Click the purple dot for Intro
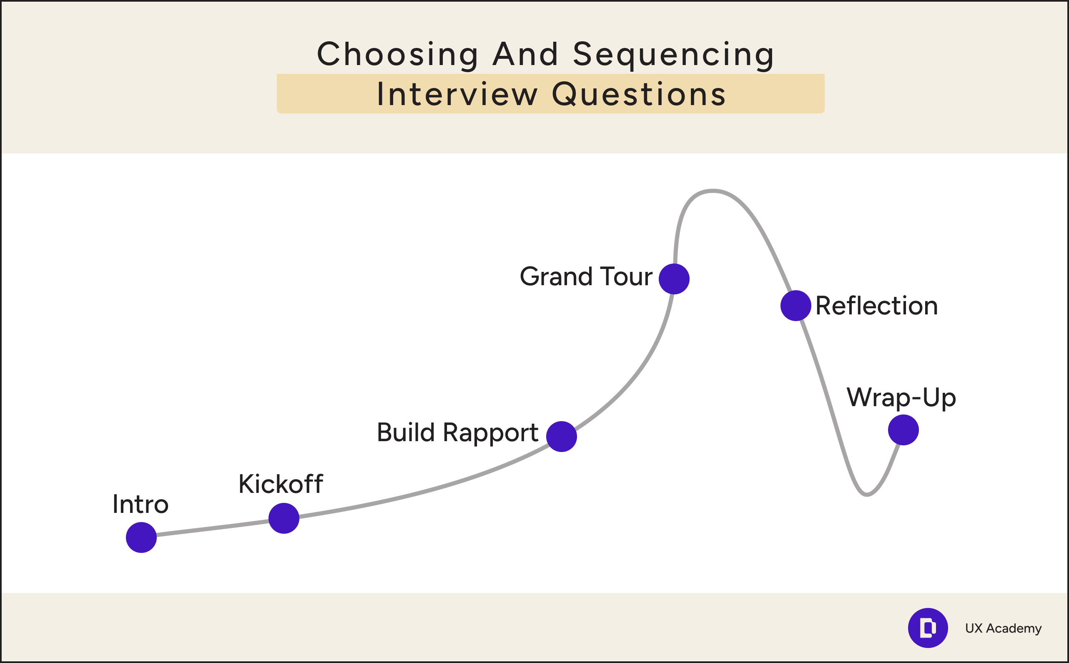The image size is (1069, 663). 141,537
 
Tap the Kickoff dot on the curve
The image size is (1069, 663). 284,518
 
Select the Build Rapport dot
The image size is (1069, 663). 561,436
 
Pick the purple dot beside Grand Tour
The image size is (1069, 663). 674,279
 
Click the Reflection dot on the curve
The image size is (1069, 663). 795,306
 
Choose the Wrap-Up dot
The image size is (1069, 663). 903,430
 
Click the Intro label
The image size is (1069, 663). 140,504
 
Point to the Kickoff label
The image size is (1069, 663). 281,484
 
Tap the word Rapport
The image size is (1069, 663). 490,433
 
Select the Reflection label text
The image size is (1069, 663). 877,306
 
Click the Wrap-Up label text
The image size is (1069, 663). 901,397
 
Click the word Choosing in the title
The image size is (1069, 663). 397,54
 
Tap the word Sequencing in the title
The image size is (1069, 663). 674,54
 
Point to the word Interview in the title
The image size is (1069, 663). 457,94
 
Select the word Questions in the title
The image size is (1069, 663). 639,94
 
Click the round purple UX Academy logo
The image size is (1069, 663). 927,628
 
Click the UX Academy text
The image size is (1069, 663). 1003,628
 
